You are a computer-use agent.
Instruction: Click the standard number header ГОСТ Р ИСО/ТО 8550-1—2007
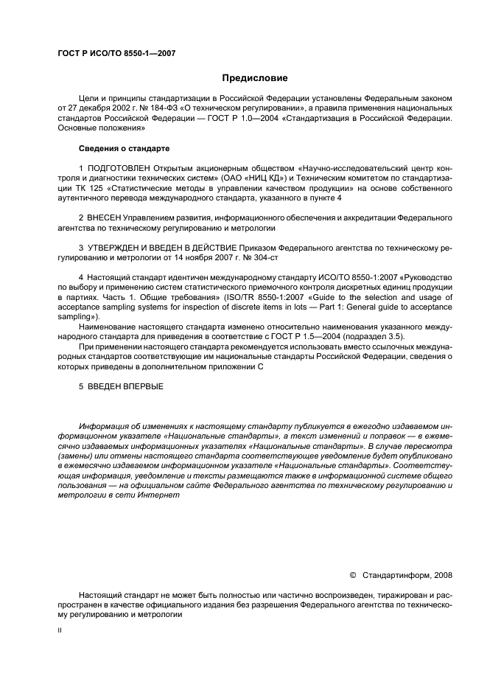click(116, 54)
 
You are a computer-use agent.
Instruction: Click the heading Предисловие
click(255, 78)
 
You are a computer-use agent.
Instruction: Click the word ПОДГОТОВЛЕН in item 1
click(117, 169)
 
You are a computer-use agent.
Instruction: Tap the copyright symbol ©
click(352, 575)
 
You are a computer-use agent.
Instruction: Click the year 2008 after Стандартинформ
click(443, 575)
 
